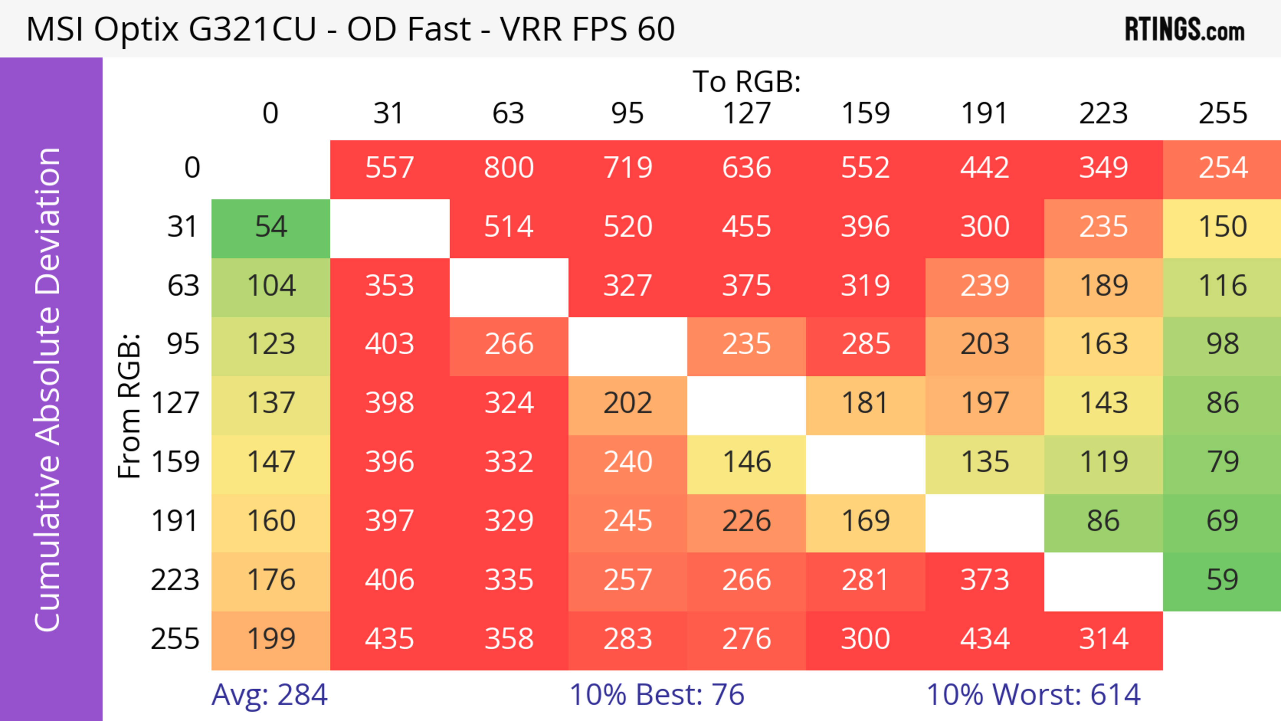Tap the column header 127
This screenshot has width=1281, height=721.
point(747,113)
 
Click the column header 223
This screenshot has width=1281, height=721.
point(1104,113)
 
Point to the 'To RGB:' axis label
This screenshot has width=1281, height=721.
point(747,81)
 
